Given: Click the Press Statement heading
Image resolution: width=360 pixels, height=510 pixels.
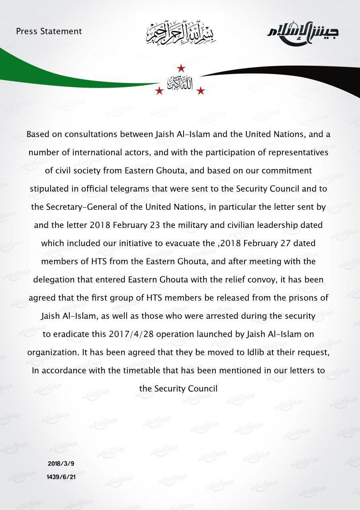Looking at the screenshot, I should click(49, 31).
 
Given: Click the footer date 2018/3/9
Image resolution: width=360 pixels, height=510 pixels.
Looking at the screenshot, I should click(61, 464).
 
